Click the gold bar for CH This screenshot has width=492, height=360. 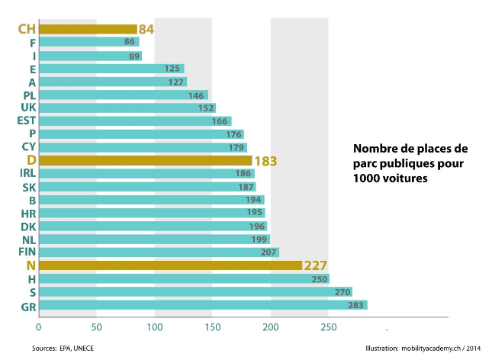point(88,29)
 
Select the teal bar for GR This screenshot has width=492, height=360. point(204,305)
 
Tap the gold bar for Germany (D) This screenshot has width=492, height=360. point(146,160)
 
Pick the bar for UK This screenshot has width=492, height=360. point(127,108)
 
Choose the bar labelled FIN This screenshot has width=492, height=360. point(159,252)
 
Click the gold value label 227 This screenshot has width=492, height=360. point(316,266)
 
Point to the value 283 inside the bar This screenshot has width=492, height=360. point(355,305)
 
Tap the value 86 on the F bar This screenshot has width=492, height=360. point(129,42)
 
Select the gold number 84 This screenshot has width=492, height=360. point(146,30)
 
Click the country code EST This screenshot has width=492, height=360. point(27,121)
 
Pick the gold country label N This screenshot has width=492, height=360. point(31,266)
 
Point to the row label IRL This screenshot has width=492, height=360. point(27,173)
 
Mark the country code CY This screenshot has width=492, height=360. point(29,147)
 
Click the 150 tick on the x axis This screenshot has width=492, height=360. point(213,327)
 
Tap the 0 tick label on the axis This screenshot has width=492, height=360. point(39,327)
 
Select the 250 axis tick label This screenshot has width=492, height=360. point(329,327)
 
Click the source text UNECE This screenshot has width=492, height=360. point(83,349)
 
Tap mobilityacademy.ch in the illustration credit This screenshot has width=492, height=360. point(431,349)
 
